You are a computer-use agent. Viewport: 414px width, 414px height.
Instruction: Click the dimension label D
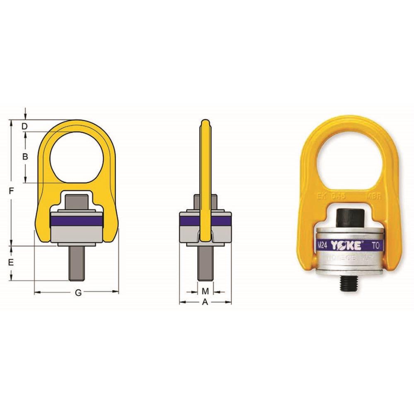25,126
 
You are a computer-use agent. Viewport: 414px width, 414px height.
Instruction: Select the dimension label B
25,157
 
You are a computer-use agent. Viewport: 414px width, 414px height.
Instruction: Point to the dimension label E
11,262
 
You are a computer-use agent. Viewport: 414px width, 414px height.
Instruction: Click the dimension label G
78,293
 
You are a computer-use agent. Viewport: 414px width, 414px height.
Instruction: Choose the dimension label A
205,303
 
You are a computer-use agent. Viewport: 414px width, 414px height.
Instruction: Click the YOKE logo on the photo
346,245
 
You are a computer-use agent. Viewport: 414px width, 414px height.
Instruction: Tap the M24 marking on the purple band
323,246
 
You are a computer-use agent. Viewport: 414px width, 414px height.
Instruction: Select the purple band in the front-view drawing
77,220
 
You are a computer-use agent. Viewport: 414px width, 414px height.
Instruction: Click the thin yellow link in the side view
205,166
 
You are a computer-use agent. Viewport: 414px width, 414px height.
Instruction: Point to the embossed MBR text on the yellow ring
372,197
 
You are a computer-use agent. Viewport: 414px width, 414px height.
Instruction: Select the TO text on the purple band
375,246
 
